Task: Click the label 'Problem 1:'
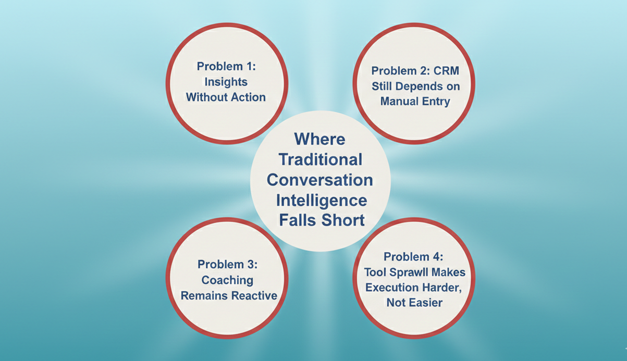point(226,66)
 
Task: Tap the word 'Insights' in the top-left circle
point(226,81)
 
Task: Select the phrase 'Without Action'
point(226,97)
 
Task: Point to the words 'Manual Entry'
point(415,101)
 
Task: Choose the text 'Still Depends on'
point(415,85)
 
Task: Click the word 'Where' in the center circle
point(319,139)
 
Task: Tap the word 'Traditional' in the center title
point(320,159)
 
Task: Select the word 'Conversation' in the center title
point(320,179)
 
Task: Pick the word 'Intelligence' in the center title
point(321,200)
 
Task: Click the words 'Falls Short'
point(322,220)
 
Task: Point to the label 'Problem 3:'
point(227,265)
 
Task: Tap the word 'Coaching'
point(227,280)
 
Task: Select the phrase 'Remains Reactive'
point(229,296)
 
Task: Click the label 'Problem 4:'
point(414,257)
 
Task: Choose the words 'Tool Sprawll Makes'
point(415,272)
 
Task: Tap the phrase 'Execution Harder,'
point(414,287)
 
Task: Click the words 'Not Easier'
point(414,302)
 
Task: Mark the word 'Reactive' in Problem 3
point(252,296)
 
